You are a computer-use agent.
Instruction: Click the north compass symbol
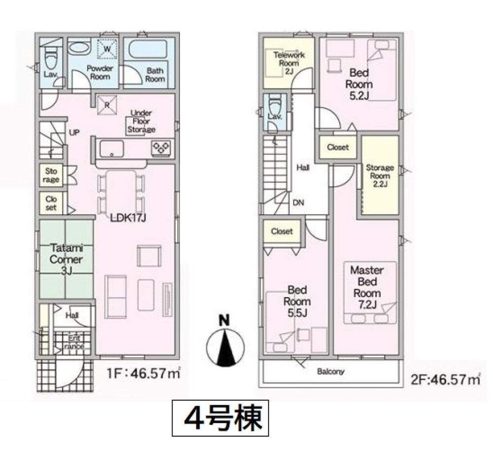[225, 343]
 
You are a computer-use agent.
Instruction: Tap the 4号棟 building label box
[220, 418]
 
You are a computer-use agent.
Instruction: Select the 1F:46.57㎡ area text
[143, 374]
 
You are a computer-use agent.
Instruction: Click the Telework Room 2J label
[289, 63]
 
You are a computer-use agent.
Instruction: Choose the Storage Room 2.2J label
[380, 176]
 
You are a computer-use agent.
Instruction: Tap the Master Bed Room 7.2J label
[367, 287]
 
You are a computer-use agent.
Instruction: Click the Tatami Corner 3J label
[67, 260]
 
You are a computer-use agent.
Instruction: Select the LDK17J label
[128, 218]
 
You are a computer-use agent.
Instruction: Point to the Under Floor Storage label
[141, 121]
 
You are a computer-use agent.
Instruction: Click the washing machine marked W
[107, 49]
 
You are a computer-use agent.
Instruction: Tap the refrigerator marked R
[107, 105]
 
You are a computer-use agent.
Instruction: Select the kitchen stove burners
[161, 148]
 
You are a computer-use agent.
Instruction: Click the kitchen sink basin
[111, 149]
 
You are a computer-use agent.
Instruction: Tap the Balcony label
[330, 372]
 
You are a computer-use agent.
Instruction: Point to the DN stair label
[298, 203]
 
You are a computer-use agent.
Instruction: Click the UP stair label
[74, 133]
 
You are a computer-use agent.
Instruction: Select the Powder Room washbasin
[79, 48]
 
